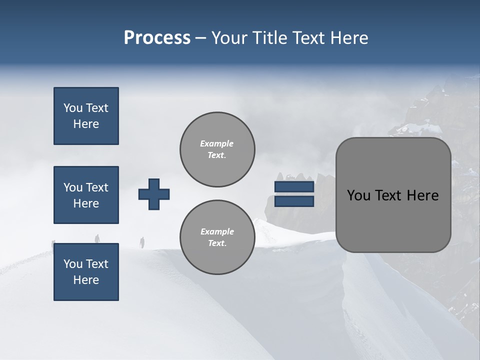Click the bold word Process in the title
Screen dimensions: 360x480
tap(157, 38)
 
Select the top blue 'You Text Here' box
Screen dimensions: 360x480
tap(86, 116)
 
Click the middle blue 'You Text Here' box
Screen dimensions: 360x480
tap(86, 195)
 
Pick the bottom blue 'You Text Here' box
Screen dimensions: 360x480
tap(86, 272)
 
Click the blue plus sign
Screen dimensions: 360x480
tap(154, 194)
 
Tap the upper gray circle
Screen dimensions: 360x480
tap(217, 149)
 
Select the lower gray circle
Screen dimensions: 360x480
tap(217, 237)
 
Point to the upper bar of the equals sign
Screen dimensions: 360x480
tap(294, 187)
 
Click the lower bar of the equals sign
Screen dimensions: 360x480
tap(294, 201)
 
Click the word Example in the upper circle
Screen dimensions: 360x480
tap(216, 143)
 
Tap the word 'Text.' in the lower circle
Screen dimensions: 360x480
tap(217, 243)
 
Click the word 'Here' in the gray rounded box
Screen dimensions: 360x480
tap(423, 195)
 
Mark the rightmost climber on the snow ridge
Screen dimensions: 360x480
tap(142, 242)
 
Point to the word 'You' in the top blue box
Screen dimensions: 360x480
tap(72, 108)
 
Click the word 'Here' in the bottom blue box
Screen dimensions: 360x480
tap(86, 280)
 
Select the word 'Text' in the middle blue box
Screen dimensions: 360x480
tap(96, 187)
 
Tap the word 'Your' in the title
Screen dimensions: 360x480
tap(230, 38)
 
